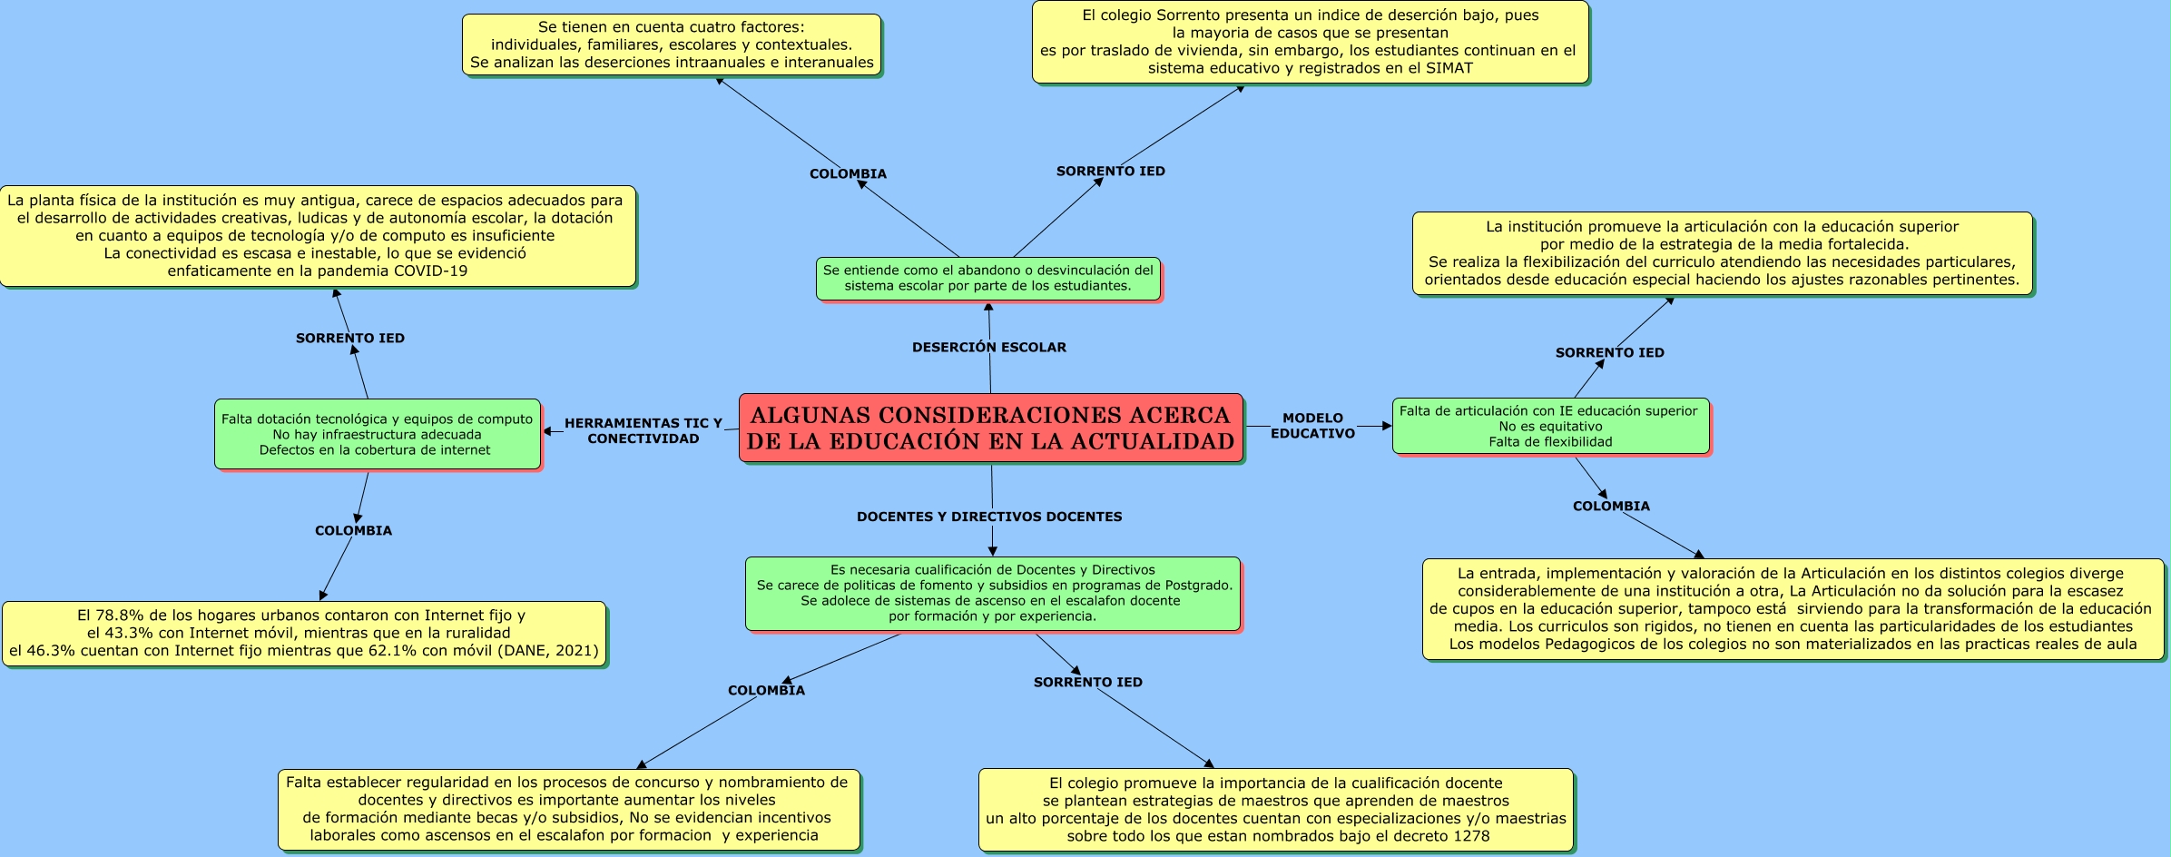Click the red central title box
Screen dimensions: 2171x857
tap(990, 428)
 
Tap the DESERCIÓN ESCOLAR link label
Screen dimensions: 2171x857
tap(988, 347)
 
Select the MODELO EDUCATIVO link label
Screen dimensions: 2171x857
tap(1312, 426)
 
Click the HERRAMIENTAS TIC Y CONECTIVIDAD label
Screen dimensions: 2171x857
tap(643, 430)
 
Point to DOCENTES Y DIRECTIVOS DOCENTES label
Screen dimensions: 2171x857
tap(988, 517)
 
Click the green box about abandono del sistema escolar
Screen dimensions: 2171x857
tap(987, 278)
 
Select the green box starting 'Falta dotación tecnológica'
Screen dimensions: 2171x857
tap(377, 434)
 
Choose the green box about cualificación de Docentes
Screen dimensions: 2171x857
tap(992, 593)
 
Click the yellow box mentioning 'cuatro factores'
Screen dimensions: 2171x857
tap(671, 44)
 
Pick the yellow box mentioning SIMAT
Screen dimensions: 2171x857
tap(1309, 42)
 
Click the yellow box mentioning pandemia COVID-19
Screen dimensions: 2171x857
tap(317, 236)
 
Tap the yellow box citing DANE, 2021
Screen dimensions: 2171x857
tap(303, 633)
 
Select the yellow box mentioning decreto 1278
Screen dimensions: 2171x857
tap(1275, 809)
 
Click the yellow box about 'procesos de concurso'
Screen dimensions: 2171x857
tap(568, 809)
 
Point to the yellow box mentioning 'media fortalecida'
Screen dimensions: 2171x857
tap(1721, 253)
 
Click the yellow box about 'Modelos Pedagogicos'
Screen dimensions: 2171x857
tap(1792, 609)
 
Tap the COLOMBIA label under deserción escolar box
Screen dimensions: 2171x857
tap(848, 173)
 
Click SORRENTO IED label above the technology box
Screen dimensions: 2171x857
tap(350, 338)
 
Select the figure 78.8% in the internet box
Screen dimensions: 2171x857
tap(120, 616)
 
